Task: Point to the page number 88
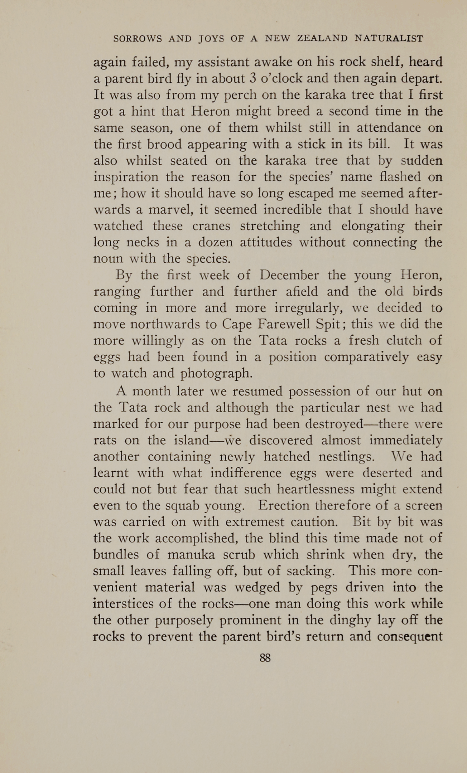tap(265, 658)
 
